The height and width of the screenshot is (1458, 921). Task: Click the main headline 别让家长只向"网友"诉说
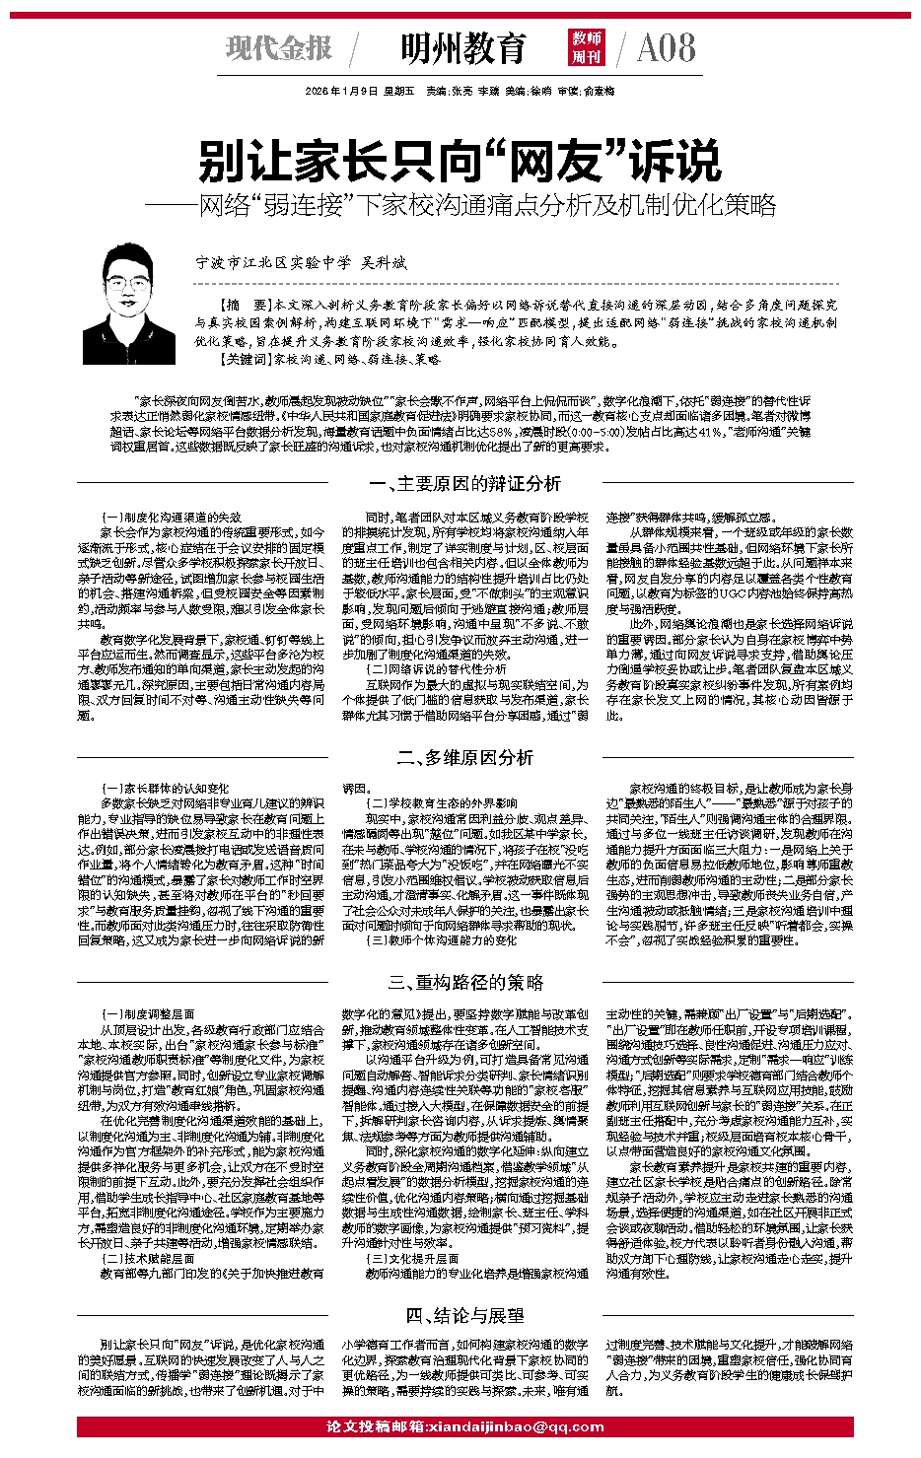pyautogui.click(x=460, y=161)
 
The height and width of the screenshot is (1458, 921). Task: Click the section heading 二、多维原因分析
pyautogui.click(x=460, y=757)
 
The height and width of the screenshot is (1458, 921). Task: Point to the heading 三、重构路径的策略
pyautogui.click(x=460, y=983)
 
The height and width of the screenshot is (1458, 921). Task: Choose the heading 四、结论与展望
pyautogui.click(x=460, y=1315)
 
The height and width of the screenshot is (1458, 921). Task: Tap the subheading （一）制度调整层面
pyautogui.click(x=148, y=1014)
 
